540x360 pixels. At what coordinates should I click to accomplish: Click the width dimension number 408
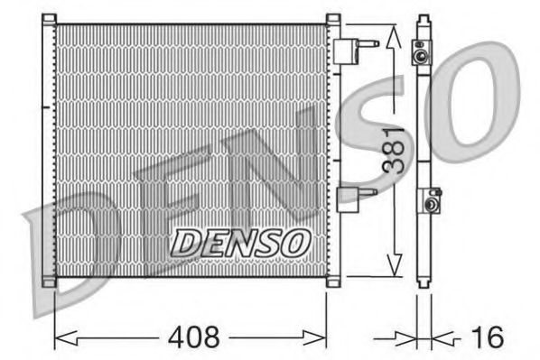click(194, 337)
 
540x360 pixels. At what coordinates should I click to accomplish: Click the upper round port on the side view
click(421, 56)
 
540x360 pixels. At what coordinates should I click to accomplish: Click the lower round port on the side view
click(431, 205)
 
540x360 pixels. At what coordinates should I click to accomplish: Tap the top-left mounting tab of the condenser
click(49, 19)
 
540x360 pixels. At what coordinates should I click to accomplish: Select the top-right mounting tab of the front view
click(333, 19)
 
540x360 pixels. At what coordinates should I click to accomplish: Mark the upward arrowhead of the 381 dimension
click(392, 38)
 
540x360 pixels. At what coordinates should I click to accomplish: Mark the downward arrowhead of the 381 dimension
click(392, 264)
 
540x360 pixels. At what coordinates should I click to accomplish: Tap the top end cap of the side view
click(422, 20)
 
